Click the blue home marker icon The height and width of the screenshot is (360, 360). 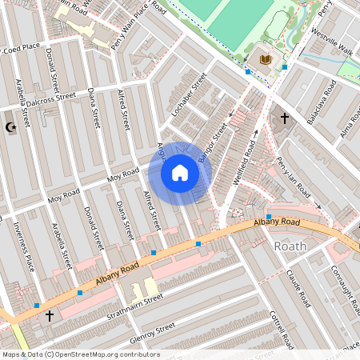[x=180, y=172]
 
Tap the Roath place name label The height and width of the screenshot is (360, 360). [x=290, y=246]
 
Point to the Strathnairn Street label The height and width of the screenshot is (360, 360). [x=131, y=303]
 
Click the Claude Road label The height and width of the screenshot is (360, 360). [x=297, y=288]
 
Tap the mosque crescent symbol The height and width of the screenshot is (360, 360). [x=10, y=126]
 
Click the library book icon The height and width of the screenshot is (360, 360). [x=265, y=59]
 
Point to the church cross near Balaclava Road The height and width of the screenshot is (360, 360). [x=283, y=118]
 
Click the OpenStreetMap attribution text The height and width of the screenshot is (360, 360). [x=80, y=354]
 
